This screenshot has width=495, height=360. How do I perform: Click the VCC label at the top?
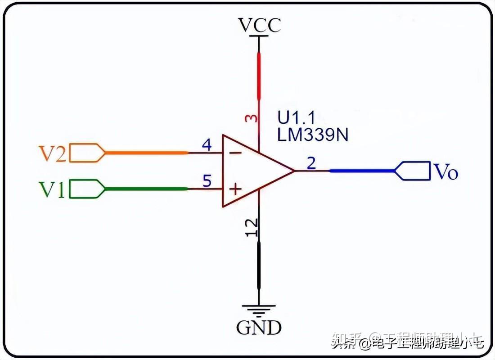260,25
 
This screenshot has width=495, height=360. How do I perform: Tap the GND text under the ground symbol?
259,328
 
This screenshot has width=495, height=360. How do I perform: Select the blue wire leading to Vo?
362,171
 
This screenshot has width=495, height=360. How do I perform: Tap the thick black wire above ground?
259,265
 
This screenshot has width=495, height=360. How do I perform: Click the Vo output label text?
445,171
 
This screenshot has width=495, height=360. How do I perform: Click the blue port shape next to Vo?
412,171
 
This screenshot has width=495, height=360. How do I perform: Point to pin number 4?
207,145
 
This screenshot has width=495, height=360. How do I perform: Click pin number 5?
207,181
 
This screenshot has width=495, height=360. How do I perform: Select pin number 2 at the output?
311,163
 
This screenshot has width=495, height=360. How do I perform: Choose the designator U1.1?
297,118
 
